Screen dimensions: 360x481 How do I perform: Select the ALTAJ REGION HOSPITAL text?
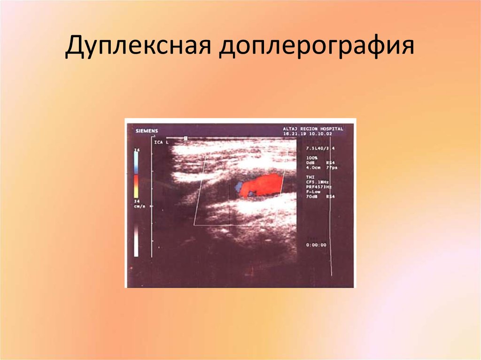(313, 129)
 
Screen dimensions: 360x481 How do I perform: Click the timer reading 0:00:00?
(316, 245)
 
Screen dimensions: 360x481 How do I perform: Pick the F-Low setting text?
(314, 192)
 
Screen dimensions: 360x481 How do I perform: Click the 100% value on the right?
(312, 158)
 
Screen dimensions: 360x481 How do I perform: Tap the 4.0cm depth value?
(313, 168)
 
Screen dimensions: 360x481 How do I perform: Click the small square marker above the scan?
(186, 138)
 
